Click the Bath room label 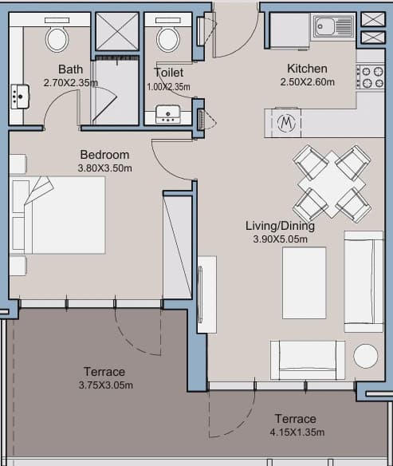point(70,69)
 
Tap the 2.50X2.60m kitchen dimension point(307,81)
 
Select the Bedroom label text point(104,155)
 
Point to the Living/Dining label point(280,226)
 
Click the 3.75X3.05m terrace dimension point(106,385)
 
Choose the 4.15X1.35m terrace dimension point(297,432)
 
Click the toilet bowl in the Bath point(57,39)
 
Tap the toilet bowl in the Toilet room point(168,40)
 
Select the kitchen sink point(333,27)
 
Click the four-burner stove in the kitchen point(371,77)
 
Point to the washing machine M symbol point(286,123)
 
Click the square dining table point(332,184)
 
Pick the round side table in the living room point(365,356)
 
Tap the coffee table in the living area point(304,282)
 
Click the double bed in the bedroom point(57,215)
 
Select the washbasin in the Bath point(20,97)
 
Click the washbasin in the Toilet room point(167,114)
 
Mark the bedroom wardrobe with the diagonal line point(177,247)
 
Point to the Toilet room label point(168,73)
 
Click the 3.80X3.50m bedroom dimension point(104,168)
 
